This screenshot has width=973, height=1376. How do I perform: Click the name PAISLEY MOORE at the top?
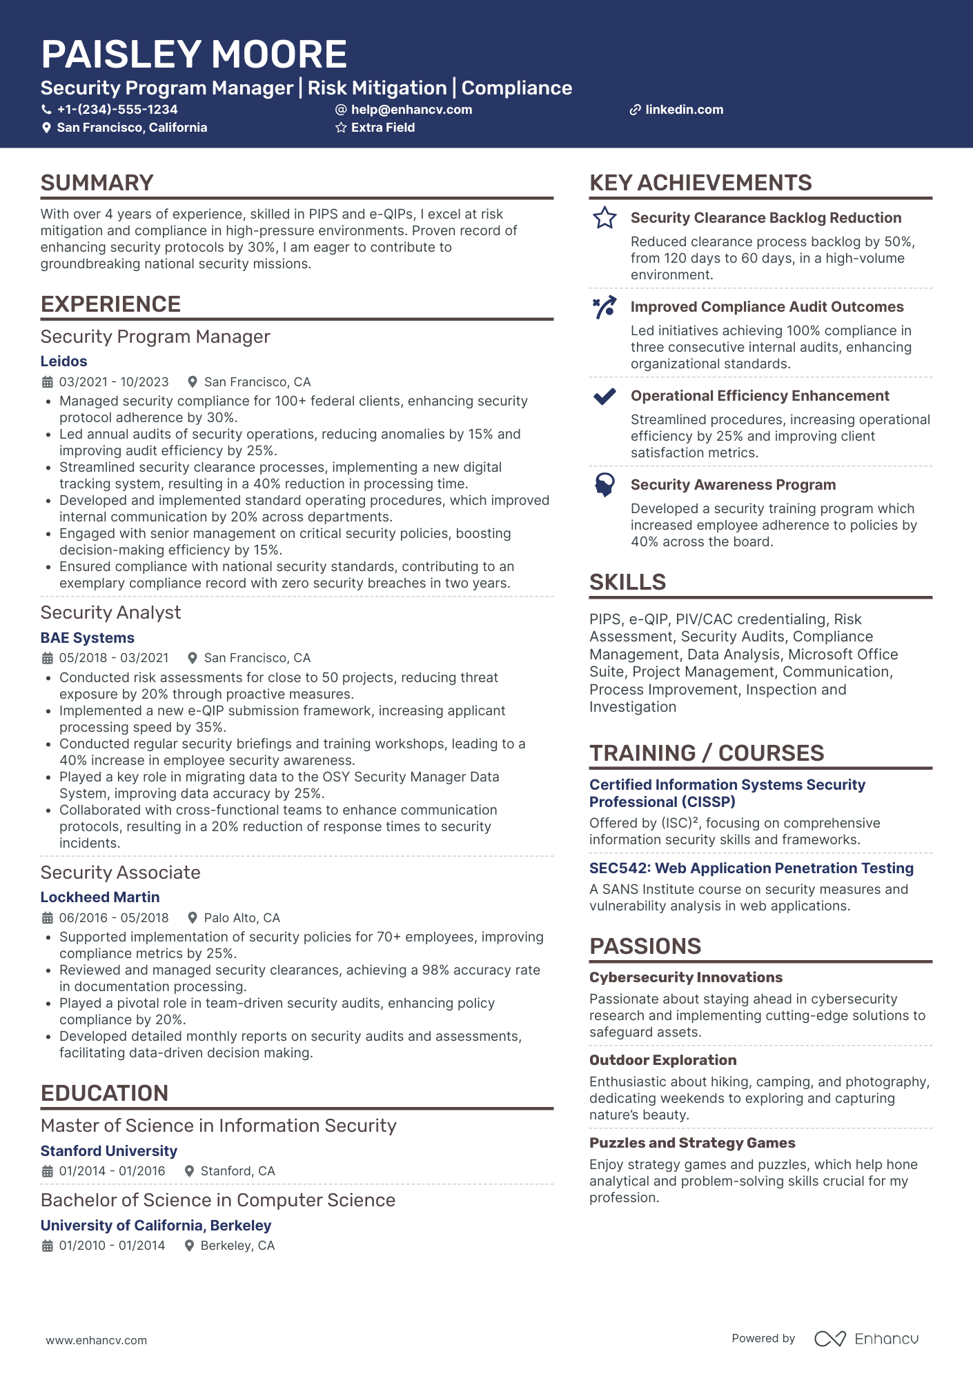[194, 54]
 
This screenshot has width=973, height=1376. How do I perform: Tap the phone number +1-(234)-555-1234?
[117, 110]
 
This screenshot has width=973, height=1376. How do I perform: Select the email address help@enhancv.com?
[411, 110]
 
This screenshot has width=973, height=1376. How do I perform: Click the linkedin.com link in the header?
[684, 110]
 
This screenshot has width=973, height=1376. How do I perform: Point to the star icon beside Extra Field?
[341, 128]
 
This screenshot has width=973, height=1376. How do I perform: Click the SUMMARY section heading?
[97, 183]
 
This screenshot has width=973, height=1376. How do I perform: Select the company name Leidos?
[63, 361]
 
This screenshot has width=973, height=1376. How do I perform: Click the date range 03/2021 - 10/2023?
[114, 382]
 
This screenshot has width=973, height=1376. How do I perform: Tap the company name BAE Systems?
[87, 638]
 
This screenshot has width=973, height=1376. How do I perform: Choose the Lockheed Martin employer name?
[100, 897]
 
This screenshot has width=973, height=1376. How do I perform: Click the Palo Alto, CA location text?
[242, 918]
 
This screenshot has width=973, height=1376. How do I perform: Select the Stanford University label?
[109, 1151]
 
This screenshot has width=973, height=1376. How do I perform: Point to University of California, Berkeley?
[156, 1226]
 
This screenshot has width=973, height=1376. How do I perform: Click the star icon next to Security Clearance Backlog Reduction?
[605, 218]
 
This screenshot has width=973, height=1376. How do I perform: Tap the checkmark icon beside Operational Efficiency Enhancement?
[605, 397]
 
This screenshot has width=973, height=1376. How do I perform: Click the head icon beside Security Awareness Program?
[605, 485]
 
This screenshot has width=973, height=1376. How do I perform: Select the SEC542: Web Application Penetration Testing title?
[751, 868]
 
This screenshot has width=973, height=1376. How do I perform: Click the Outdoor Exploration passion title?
[662, 1060]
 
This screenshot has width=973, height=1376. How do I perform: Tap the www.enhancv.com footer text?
[97, 1340]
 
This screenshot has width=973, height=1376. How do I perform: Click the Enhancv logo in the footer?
[866, 1339]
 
